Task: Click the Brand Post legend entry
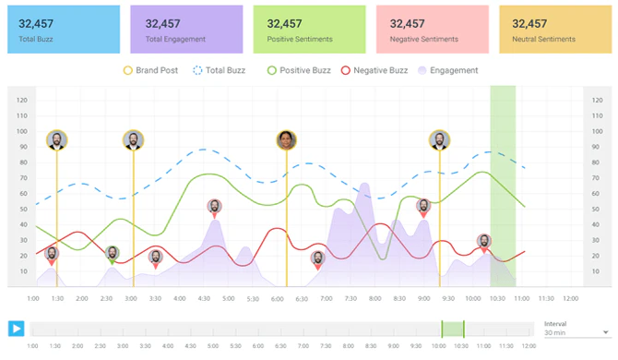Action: click(x=153, y=70)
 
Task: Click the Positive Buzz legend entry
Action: click(x=299, y=70)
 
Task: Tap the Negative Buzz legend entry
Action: click(x=374, y=70)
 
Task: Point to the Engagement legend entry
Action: click(x=448, y=70)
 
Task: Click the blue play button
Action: click(x=16, y=329)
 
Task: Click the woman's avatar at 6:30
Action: click(x=287, y=140)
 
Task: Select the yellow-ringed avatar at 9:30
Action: click(x=439, y=140)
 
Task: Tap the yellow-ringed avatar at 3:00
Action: click(x=134, y=140)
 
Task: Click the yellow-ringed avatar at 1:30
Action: click(x=57, y=140)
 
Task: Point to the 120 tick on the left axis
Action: click(x=21, y=100)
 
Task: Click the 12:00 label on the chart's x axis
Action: click(x=570, y=298)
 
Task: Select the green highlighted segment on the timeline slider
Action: click(x=452, y=329)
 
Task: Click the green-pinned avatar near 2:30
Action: click(x=113, y=253)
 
